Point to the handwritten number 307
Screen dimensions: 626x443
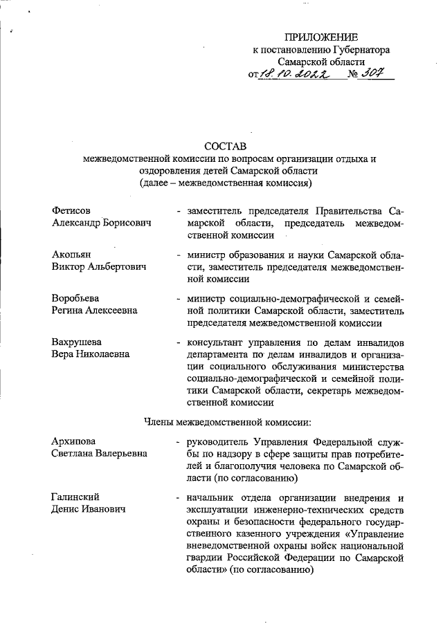(372, 73)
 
